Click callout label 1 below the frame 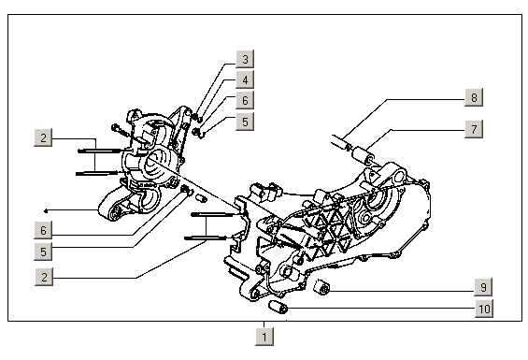click(x=264, y=337)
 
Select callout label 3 click(x=245, y=59)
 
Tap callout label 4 click(x=245, y=79)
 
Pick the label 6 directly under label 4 click(x=245, y=100)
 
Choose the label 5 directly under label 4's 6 click(x=245, y=122)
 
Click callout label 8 click(x=474, y=97)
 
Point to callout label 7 click(x=474, y=129)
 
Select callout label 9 click(x=483, y=287)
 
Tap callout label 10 click(x=484, y=309)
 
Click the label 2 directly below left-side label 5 click(x=44, y=277)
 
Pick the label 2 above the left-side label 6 click(x=43, y=137)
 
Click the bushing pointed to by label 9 click(x=321, y=287)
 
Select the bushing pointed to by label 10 click(x=278, y=307)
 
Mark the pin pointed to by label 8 click(x=341, y=142)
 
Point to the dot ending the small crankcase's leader click(x=46, y=211)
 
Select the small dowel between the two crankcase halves click(x=202, y=198)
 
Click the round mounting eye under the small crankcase click(x=115, y=213)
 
